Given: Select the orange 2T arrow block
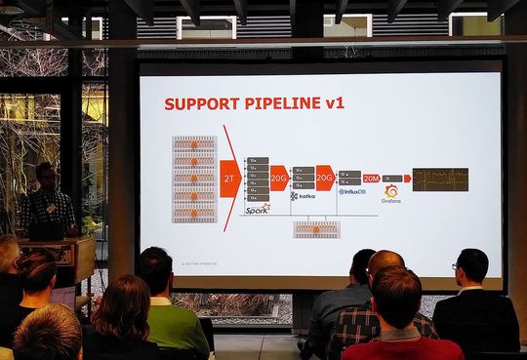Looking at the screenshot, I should [x=229, y=179].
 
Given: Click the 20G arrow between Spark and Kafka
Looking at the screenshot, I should [x=279, y=179].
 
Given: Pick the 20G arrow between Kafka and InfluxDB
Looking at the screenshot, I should [x=325, y=179].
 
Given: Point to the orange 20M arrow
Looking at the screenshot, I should [x=372, y=179].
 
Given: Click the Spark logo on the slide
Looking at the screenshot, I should [x=257, y=208].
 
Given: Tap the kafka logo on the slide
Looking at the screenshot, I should [x=302, y=196].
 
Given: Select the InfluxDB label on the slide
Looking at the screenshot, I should [x=351, y=191].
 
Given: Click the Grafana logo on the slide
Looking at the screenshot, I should [x=391, y=193].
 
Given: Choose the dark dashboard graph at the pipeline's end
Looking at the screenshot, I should [x=439, y=179].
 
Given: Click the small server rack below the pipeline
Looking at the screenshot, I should [x=316, y=229].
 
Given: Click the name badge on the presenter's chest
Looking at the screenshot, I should [x=51, y=208].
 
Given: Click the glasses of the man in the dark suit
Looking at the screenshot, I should [x=459, y=265].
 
